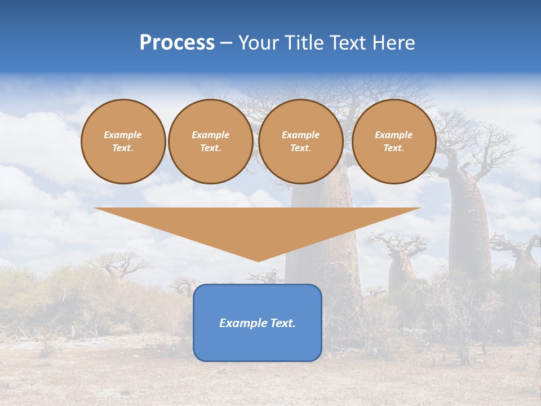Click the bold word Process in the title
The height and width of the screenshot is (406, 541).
point(177,43)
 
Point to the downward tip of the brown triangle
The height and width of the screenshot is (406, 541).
point(258,260)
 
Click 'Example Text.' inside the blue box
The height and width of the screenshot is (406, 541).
point(258,323)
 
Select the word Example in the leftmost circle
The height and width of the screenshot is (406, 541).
point(123,135)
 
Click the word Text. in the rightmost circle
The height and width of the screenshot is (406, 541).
point(393,148)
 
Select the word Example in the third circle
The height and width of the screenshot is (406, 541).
point(300,135)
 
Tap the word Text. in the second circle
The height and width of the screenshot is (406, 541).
point(210,148)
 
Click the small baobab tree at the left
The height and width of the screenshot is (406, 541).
point(119,266)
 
